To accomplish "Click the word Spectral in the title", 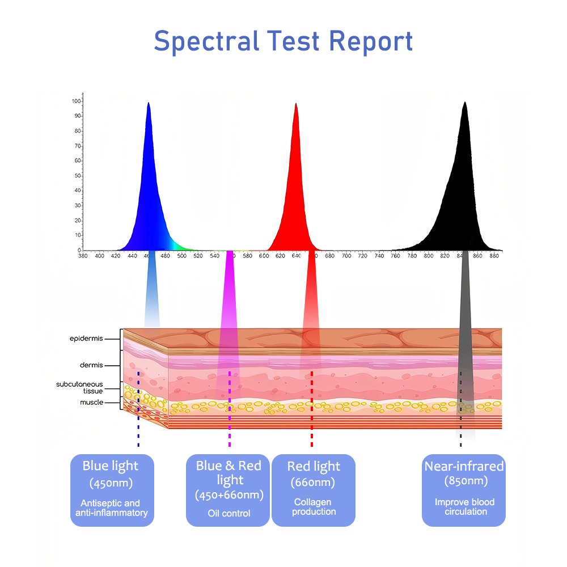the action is click(x=206, y=41).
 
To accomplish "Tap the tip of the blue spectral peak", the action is click(x=148, y=103).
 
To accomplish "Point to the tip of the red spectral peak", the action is click(x=296, y=104).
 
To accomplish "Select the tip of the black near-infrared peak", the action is click(x=465, y=102).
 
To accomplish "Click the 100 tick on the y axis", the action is click(x=77, y=101).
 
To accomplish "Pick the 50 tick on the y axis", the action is click(x=78, y=176).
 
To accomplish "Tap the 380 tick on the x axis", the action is click(x=83, y=256).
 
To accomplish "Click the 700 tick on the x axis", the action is click(x=346, y=256).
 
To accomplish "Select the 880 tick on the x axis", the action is click(x=494, y=256).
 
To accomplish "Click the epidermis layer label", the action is click(x=86, y=339).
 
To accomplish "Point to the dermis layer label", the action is click(x=91, y=365).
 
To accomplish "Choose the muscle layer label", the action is click(x=92, y=403).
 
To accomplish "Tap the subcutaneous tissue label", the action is click(x=79, y=388).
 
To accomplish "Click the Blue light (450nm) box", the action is click(x=112, y=490).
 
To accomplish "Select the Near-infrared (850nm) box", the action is click(x=464, y=490).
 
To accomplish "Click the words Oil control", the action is click(x=229, y=514).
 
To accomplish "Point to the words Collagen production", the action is click(x=314, y=507).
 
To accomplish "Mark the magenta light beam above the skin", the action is click(x=229, y=289).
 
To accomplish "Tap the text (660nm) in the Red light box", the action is click(x=313, y=483).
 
